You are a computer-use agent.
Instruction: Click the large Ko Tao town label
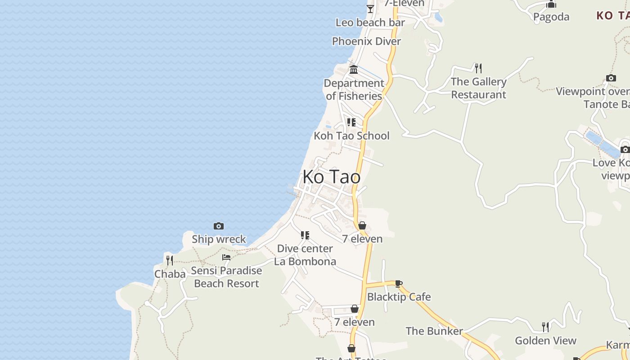pos(331,177)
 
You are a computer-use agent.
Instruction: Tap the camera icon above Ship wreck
pos(219,226)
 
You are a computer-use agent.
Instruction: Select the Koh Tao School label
pos(351,135)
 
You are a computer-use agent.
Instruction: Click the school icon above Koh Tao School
pos(351,122)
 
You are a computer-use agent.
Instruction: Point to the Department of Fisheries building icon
pos(354,70)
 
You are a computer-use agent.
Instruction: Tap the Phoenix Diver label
pos(366,41)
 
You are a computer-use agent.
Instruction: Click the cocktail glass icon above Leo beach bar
pos(370,9)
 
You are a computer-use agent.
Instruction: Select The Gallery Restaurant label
pos(479,88)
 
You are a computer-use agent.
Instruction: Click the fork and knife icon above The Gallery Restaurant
pos(478,68)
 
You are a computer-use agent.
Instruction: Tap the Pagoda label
pos(551,17)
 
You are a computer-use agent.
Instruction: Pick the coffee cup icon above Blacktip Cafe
pos(398,283)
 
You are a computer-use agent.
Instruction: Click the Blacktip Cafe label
pos(399,297)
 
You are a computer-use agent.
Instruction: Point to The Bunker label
pos(434,331)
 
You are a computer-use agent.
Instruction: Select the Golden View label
pos(545,341)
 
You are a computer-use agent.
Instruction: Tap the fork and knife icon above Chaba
pos(170,260)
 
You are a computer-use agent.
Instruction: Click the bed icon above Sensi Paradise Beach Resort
pos(226,257)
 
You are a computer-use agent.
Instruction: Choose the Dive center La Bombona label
pos(305,255)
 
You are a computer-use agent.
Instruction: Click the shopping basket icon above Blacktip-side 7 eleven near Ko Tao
pos(362,225)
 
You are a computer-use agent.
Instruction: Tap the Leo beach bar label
pos(370,22)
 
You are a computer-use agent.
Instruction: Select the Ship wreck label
pos(219,239)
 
